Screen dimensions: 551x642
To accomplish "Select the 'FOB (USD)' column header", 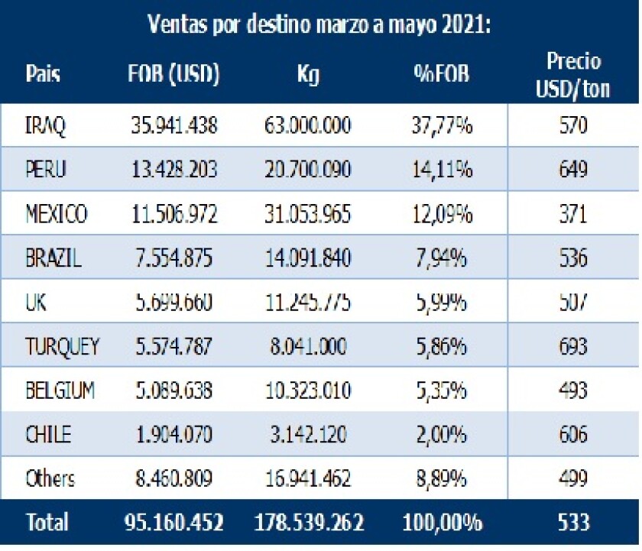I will tap(174, 74).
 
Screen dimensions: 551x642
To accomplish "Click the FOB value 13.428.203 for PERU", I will tap(173, 169).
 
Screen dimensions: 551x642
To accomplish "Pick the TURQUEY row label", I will tap(61, 347).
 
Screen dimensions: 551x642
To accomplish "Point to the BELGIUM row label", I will tap(60, 391).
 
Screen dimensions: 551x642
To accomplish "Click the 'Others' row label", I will tap(50, 479).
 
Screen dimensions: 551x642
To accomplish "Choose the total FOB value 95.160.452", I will tap(173, 523).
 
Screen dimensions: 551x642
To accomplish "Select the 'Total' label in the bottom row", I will tap(47, 523).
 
